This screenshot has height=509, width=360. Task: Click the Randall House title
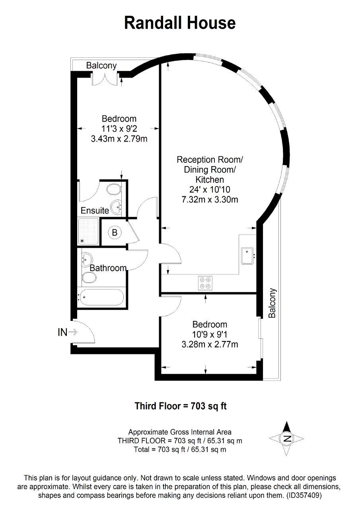180,23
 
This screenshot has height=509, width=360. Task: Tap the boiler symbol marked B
115,233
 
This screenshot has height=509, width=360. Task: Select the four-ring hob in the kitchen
205,283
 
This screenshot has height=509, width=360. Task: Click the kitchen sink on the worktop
247,256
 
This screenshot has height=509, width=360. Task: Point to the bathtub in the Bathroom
101,297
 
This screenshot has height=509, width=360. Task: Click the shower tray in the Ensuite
88,231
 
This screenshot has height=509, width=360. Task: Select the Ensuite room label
95,210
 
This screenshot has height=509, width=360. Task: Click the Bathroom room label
108,268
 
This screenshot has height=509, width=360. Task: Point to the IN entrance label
62,332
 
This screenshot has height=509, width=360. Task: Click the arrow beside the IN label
73,332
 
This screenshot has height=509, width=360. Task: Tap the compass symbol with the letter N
286,438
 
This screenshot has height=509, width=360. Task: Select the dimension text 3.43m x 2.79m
119,139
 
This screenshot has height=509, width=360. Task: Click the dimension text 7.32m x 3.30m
210,200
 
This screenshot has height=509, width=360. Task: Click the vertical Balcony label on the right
272,303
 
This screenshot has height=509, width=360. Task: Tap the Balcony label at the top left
101,66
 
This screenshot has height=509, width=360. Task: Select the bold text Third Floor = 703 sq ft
181,406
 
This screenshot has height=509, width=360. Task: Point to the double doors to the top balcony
105,79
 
